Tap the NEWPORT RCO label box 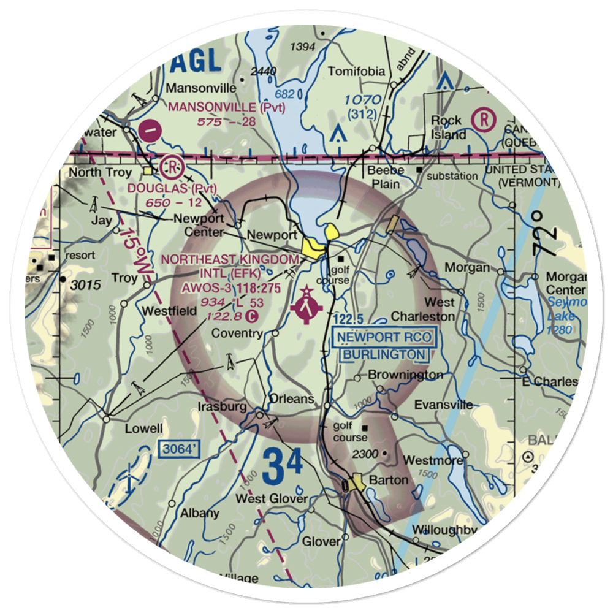click(384, 337)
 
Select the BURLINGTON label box click(384, 354)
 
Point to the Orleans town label click(292, 399)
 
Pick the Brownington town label click(405, 374)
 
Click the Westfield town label click(169, 311)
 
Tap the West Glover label click(272, 499)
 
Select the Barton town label click(388, 480)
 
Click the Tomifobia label click(357, 71)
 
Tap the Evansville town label click(443, 405)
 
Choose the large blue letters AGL click(196, 61)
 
